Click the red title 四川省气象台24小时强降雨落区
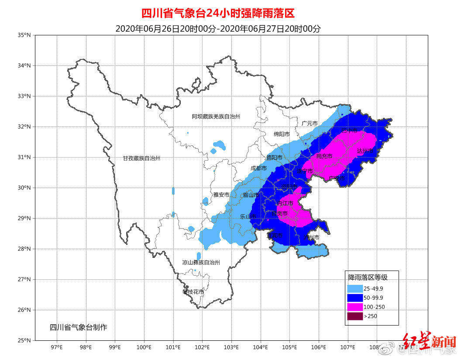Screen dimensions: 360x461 [221, 13]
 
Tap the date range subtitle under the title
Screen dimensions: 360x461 [218, 29]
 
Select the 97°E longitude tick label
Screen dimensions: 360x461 [57, 347]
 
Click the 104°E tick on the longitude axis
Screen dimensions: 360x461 [261, 347]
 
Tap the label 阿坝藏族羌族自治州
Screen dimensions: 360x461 [216, 117]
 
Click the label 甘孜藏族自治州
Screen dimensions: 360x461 [141, 158]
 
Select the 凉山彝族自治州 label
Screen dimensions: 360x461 [201, 262]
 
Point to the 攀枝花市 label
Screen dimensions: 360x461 [193, 291]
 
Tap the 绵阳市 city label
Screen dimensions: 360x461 [282, 134]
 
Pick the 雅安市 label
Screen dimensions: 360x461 [221, 195]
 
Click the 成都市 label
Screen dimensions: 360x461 [259, 168]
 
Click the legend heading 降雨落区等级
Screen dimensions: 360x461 [367, 277]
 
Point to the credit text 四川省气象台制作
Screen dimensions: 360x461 [78, 327]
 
